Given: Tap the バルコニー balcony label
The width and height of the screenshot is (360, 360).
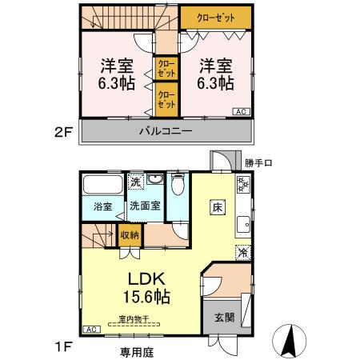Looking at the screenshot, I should click(x=166, y=131).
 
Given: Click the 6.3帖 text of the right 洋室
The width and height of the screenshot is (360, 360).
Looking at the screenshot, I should click(x=217, y=82).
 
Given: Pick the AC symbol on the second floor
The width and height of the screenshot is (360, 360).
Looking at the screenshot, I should click(x=241, y=112).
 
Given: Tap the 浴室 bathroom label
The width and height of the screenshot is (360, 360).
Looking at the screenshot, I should click(x=102, y=206).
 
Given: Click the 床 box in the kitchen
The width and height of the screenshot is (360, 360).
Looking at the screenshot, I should click(x=217, y=206).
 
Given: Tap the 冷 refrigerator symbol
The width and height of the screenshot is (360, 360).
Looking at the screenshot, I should click(x=243, y=252).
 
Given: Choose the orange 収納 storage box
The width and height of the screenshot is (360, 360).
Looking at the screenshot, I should click(x=130, y=235).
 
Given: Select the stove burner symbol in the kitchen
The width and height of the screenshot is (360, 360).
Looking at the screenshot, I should click(x=243, y=189).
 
